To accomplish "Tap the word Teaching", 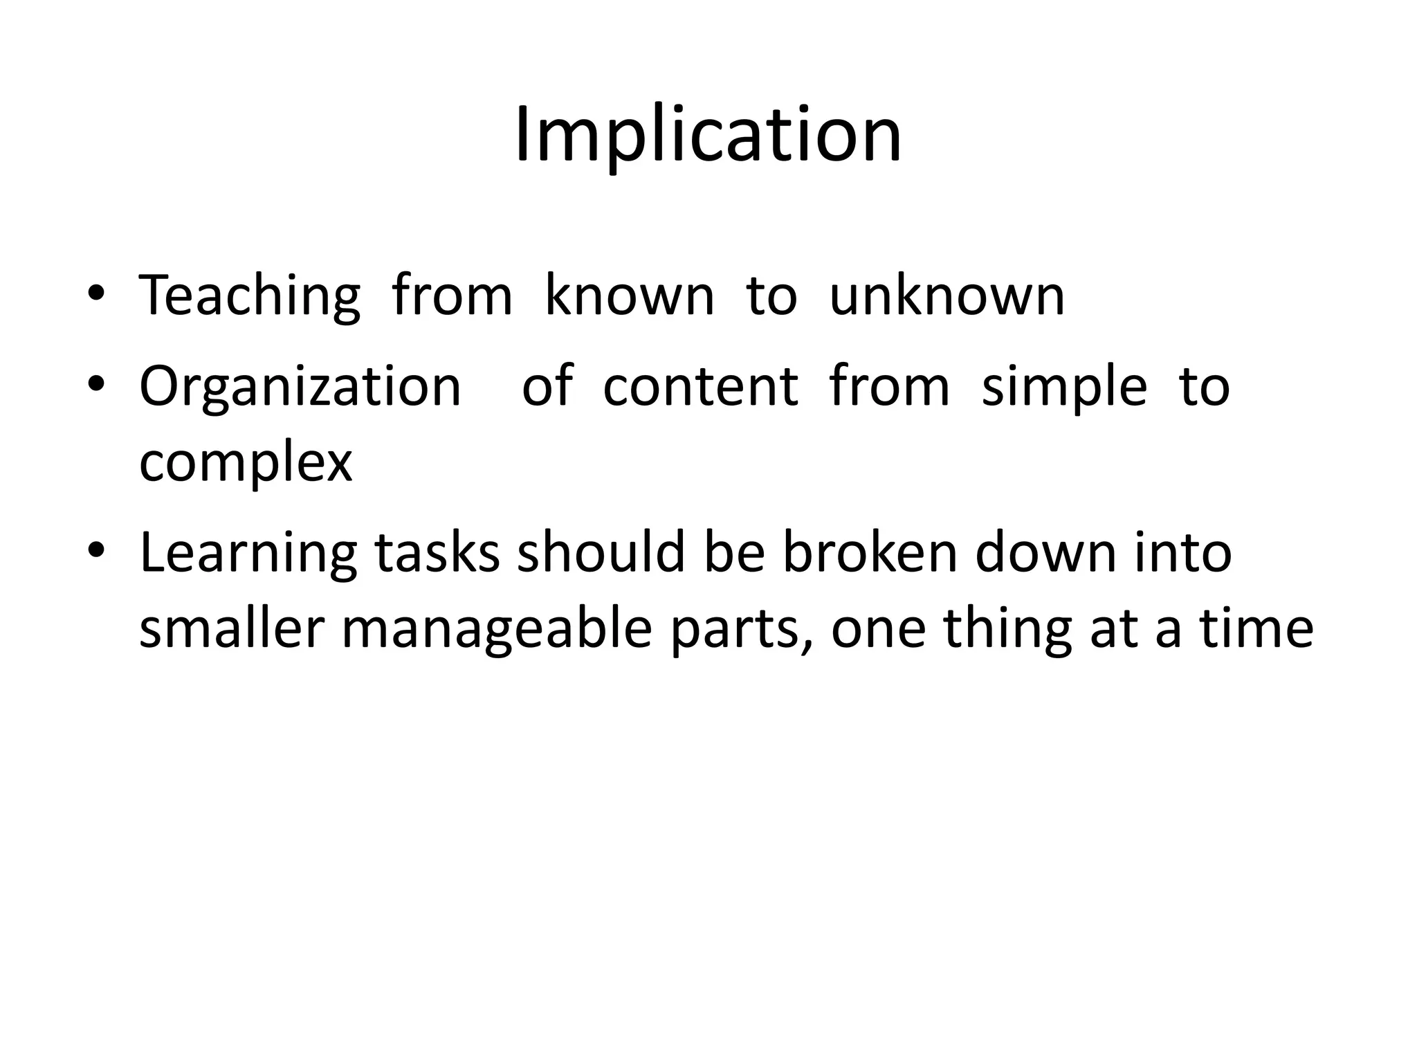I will (250, 296).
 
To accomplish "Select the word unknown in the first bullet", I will (947, 296).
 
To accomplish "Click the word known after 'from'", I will (629, 296).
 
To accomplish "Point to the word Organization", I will (300, 386).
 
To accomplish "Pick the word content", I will (700, 386).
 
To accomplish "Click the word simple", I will (1064, 388).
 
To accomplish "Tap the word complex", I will (246, 464).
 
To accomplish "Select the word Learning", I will (248, 554).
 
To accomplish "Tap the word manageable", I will (497, 630).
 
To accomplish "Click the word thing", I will (1007, 630).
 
